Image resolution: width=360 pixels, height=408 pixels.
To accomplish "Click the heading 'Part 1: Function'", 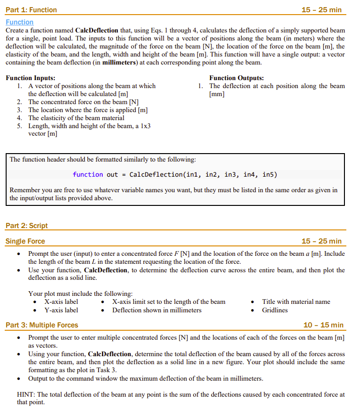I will point(31,10).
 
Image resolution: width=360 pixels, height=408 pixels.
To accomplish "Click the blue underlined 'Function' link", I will point(19,22).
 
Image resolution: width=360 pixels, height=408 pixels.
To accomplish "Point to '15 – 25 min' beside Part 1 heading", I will point(321,10).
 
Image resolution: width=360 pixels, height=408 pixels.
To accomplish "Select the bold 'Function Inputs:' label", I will point(30,78).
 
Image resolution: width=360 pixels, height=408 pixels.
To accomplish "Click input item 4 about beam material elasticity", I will point(76,118).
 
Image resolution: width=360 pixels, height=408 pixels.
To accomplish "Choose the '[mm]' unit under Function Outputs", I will point(217,94).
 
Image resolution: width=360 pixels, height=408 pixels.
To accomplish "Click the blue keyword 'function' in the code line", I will point(88,174).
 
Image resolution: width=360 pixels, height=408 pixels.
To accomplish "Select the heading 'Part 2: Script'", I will point(27,226).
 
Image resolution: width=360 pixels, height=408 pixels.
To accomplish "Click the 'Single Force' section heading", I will point(25,241).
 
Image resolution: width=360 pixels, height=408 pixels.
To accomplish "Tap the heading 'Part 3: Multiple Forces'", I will point(42,325).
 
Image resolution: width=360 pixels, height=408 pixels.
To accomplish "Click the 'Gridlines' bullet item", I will point(275,310).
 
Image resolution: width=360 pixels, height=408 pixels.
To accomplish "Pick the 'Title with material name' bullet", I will point(296,302).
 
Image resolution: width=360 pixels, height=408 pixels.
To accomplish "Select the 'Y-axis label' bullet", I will point(61,310).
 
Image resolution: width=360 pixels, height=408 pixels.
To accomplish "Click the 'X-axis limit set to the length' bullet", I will point(169,302).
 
